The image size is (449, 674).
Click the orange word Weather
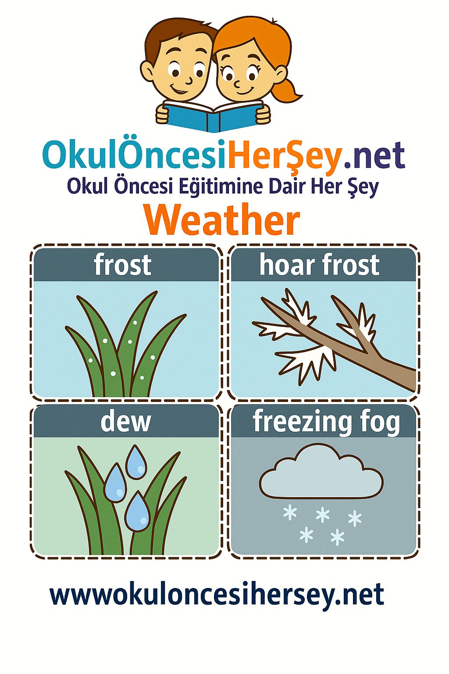tap(222, 220)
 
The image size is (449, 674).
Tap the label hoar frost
tap(319, 265)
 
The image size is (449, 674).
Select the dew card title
tap(125, 421)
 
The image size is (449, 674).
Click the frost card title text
tap(122, 265)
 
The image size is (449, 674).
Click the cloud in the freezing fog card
tap(321, 472)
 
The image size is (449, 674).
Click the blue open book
tap(213, 117)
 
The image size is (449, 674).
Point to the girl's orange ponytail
tap(289, 90)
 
